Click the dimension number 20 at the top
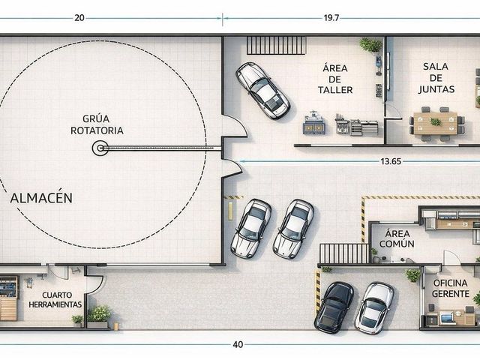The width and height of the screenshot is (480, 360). click(x=79, y=18)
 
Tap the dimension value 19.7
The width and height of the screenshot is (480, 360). click(x=331, y=18)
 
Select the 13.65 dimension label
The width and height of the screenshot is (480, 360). click(x=391, y=161)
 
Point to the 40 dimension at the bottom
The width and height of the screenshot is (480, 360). click(x=238, y=345)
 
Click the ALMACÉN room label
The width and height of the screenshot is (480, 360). click(x=41, y=198)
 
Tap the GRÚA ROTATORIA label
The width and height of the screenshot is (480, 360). click(x=97, y=124)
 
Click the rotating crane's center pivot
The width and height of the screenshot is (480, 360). click(x=100, y=148)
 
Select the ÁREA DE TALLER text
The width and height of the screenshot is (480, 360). click(x=335, y=79)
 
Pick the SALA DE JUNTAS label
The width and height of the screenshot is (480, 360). click(x=436, y=78)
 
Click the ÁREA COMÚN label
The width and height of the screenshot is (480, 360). click(x=397, y=238)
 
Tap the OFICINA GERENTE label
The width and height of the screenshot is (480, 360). click(x=450, y=288)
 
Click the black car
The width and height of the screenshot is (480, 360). click(x=334, y=307)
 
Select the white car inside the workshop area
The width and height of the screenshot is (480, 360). click(x=263, y=91)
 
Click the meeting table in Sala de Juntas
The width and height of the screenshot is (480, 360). click(x=436, y=123)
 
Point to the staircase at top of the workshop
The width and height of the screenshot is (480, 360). click(x=276, y=45)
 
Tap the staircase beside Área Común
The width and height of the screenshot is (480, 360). click(x=344, y=253)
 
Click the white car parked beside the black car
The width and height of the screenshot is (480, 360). click(x=374, y=308)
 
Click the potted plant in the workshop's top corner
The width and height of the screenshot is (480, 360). click(x=370, y=45)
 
